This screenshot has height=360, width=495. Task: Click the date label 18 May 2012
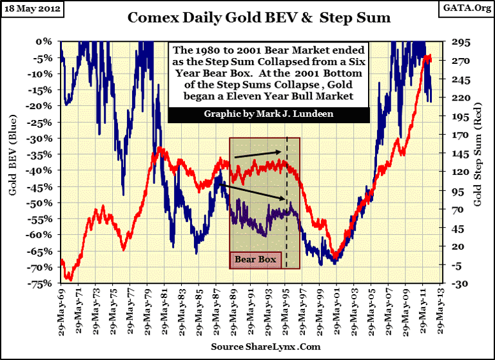(28, 8)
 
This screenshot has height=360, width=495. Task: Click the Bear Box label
(255, 260)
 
